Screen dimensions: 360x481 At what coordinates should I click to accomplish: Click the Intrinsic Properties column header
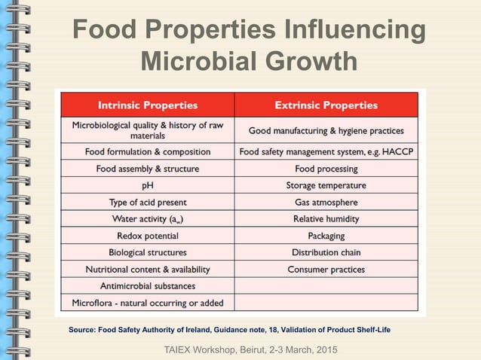coord(148,105)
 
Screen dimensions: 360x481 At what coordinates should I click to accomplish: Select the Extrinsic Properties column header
coord(326,105)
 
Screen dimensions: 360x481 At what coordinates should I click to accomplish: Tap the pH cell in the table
coord(148,185)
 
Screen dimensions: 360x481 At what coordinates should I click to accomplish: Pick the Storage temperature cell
coord(326,185)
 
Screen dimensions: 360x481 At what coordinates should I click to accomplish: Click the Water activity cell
coord(148,219)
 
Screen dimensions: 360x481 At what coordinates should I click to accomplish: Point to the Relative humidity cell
coord(326,219)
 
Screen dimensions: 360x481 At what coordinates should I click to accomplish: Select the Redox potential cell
coord(148,236)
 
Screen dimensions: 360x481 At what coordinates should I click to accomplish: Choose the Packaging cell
coord(326,236)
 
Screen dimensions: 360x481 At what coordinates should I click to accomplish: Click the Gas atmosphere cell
coord(326,202)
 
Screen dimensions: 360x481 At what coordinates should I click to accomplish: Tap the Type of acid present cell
coord(148,202)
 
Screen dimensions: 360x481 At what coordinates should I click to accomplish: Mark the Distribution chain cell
coord(326,252)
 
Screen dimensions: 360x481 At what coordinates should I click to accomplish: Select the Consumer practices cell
coord(326,269)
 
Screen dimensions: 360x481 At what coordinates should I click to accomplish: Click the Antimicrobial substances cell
coord(148,286)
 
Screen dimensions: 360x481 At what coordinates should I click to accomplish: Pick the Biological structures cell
coord(148,252)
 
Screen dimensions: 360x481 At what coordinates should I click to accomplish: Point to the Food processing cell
coord(326,169)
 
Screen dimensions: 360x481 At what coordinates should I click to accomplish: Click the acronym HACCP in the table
coord(398,151)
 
